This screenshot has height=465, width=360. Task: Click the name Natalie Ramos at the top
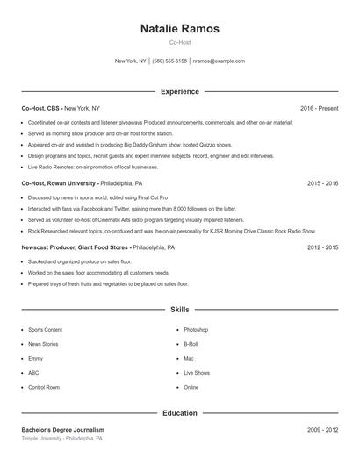pyautogui.click(x=180, y=29)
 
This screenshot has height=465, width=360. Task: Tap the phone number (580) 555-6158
pyautogui.click(x=169, y=61)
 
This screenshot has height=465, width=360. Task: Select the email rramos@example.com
pyautogui.click(x=219, y=61)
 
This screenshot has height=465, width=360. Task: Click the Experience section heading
pyautogui.click(x=180, y=91)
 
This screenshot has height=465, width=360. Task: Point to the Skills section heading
pyautogui.click(x=180, y=310)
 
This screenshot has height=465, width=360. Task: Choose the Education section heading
pyautogui.click(x=180, y=412)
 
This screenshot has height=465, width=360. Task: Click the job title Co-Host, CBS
pyautogui.click(x=40, y=108)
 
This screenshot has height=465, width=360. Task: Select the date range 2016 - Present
pyautogui.click(x=319, y=108)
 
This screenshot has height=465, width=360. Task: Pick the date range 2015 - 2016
pyautogui.click(x=322, y=183)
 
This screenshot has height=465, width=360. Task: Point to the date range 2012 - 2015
pyautogui.click(x=322, y=247)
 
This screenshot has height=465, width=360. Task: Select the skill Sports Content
pyautogui.click(x=45, y=330)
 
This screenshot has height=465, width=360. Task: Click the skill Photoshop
pyautogui.click(x=196, y=330)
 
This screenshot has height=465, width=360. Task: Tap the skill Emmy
pyautogui.click(x=35, y=358)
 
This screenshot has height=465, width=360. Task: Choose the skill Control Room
pyautogui.click(x=43, y=387)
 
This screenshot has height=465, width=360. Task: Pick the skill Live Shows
pyautogui.click(x=197, y=373)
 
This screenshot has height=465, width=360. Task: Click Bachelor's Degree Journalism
pyautogui.click(x=62, y=430)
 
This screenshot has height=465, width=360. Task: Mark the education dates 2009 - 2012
pyautogui.click(x=322, y=430)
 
